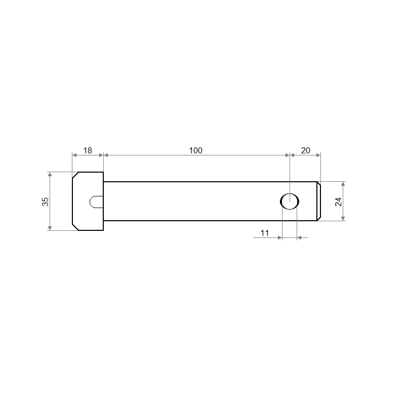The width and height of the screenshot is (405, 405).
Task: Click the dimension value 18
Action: pyautogui.click(x=88, y=150)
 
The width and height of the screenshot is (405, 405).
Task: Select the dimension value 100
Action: pyautogui.click(x=195, y=150)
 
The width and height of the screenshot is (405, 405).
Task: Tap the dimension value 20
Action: pyautogui.click(x=306, y=150)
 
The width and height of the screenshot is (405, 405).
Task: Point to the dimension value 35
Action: pyautogui.click(x=45, y=201)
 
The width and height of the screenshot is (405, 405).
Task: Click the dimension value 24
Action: pyautogui.click(x=338, y=201)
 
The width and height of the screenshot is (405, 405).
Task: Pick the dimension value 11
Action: pyautogui.click(x=264, y=233)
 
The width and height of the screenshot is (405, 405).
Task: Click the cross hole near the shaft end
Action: pyautogui.click(x=290, y=201)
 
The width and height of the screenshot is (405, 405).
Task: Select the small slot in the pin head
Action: pyautogui.click(x=96, y=201)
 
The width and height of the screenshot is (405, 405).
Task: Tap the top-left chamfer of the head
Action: pyautogui.click(x=75, y=175)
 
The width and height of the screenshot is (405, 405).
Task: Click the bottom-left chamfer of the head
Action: pyautogui.click(x=75, y=227)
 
